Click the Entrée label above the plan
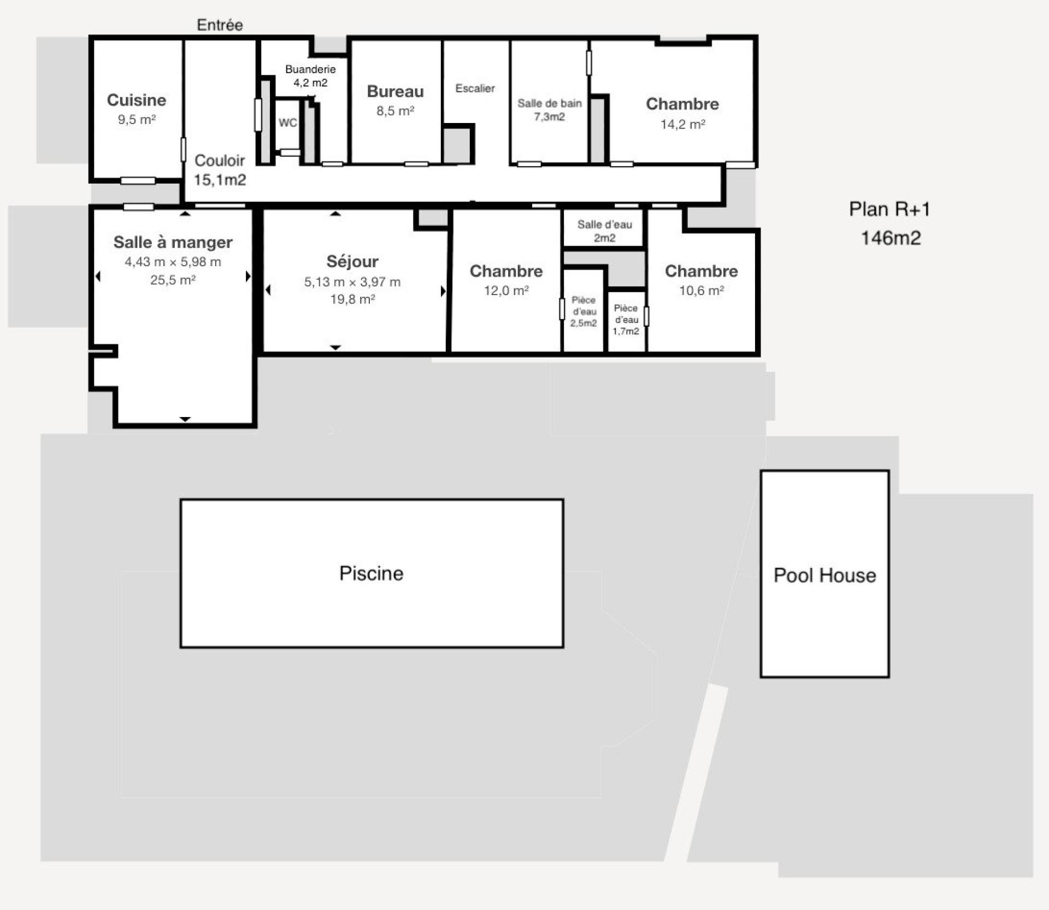[220, 25]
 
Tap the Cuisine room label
[137, 100]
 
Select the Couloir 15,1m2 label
[220, 170]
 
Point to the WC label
[288, 122]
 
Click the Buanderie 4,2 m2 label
[310, 76]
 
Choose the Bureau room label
[395, 91]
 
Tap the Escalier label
[475, 89]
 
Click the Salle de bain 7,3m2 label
[549, 110]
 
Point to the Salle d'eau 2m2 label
[604, 231]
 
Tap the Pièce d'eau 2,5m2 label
[584, 312]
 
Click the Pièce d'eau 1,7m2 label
[626, 320]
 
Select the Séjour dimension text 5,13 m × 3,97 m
[352, 282]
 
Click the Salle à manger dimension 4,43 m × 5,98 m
[173, 262]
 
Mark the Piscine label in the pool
[371, 573]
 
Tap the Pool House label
[824, 575]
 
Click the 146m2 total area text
[891, 238]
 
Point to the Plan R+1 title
[889, 209]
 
